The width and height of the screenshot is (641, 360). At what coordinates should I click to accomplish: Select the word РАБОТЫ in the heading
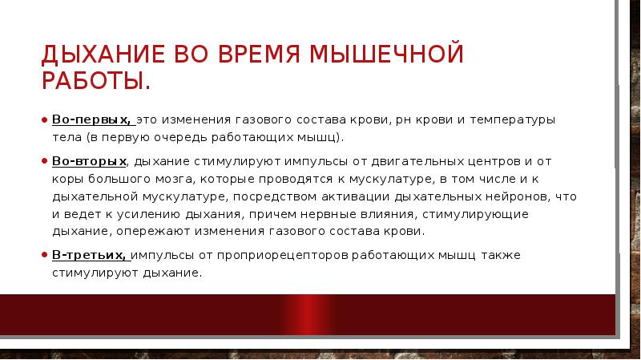coord(94,82)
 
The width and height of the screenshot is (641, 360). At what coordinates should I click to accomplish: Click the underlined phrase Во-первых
coord(92,119)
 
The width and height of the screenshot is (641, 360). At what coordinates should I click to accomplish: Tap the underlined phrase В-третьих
coord(90,256)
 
